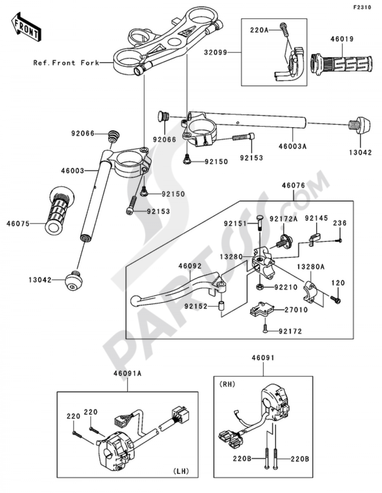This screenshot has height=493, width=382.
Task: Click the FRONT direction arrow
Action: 26,27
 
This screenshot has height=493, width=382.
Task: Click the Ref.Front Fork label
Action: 66,63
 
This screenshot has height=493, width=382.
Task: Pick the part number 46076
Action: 293,186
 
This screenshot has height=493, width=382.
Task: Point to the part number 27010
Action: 296,310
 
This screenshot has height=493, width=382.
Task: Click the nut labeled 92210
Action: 259,287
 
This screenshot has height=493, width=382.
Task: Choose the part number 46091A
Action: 128,373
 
